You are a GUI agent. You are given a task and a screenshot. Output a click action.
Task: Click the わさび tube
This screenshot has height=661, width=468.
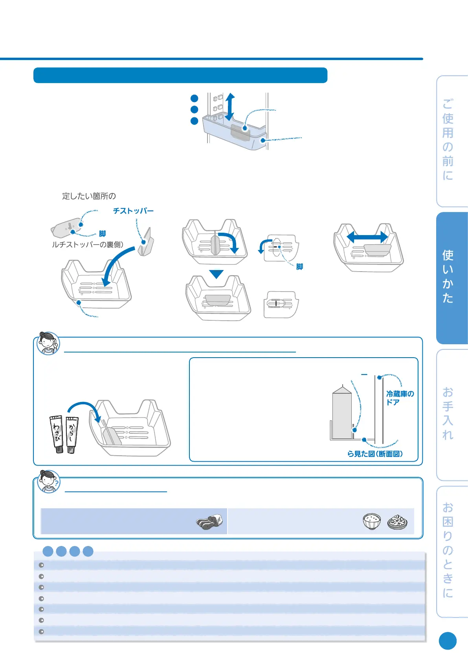57,434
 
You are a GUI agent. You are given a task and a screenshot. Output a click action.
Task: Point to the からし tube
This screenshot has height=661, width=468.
72,434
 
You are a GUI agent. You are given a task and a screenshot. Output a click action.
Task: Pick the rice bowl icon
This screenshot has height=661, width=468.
372,521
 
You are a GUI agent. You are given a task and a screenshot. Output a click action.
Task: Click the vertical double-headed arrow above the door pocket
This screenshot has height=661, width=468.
230,107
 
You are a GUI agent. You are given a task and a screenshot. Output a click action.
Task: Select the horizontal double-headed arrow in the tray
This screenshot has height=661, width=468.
367,237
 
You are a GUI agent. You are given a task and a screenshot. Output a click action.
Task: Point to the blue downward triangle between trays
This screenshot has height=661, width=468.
216,274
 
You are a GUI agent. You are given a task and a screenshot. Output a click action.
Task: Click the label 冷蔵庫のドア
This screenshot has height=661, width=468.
400,398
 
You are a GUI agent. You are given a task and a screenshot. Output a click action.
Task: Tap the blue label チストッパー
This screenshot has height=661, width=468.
133,211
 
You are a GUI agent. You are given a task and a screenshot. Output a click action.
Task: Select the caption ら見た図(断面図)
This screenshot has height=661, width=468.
375,454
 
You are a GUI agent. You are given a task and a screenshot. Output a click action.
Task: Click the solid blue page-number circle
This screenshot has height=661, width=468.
448,641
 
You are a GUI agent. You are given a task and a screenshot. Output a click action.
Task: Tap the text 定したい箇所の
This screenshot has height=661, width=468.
89,196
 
